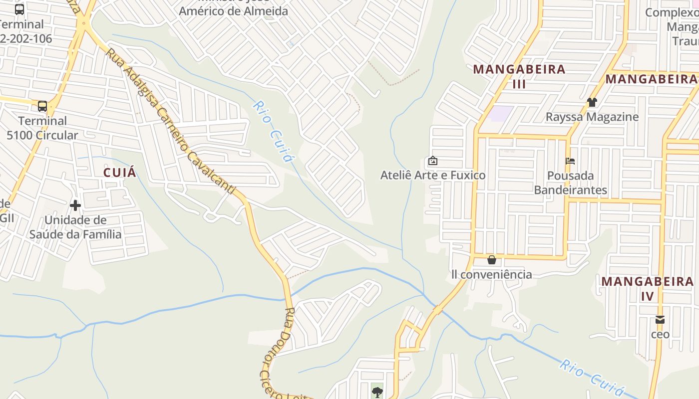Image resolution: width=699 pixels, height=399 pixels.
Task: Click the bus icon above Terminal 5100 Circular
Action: click(42, 106)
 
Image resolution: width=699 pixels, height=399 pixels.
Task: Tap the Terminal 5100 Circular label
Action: click(42, 128)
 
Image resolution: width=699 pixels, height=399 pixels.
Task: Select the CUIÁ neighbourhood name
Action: click(120, 173)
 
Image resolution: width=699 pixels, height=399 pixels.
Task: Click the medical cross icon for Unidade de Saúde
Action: click(75, 205)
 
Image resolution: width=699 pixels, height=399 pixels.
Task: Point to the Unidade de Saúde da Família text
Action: click(75, 227)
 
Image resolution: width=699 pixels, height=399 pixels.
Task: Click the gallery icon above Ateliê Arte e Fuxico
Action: click(433, 161)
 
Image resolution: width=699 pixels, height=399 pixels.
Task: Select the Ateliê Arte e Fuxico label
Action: click(433, 175)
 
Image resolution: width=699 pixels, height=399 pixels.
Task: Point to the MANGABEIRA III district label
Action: click(519, 76)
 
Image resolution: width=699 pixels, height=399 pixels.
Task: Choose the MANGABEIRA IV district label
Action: click(647, 288)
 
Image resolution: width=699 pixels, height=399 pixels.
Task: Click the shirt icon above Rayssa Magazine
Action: click(592, 102)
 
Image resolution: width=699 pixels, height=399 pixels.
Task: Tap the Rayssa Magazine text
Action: click(592, 117)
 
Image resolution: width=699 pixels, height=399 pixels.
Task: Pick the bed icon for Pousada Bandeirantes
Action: click(570, 161)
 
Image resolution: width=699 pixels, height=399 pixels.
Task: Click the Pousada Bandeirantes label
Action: click(571, 183)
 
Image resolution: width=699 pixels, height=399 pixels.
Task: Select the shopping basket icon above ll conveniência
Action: click(492, 260)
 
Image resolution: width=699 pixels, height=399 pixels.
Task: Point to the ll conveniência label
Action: click(492, 274)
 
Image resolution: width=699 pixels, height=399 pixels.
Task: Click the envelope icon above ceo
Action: click(660, 320)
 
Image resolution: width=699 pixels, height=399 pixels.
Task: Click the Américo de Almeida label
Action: click(234, 11)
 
